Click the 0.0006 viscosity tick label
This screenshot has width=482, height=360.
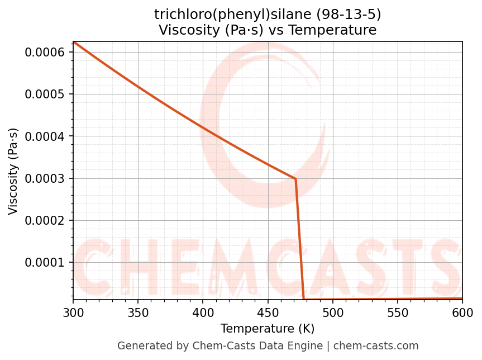46,52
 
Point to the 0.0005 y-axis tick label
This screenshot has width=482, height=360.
46,94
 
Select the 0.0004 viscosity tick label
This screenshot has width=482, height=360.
46,136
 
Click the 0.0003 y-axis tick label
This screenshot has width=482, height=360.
46,178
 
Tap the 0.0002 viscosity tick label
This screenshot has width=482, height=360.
46,220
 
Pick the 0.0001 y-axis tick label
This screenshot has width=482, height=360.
46,262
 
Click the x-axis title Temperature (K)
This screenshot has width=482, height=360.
268,329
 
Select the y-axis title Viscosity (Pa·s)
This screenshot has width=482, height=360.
13,171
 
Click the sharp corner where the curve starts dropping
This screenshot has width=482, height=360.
295,179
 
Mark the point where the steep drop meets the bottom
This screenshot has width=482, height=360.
303,299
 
